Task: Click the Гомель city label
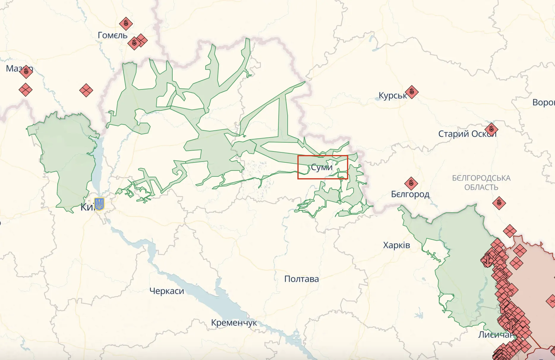coord(113,35)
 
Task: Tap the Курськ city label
coord(392,96)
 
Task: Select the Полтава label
coord(301,279)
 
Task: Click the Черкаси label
coord(167,291)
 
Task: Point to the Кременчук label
coord(234,323)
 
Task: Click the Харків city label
coord(396,245)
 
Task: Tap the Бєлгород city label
coord(410,194)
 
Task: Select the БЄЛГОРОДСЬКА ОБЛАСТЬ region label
coord(481,183)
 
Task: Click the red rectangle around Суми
coord(323,156)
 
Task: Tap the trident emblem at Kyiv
coord(99,204)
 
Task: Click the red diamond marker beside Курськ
coord(411,92)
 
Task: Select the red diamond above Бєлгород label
coord(411,184)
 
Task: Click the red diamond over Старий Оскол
coord(491,130)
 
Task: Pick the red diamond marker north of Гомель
coord(126,23)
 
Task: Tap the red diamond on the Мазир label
coord(26,72)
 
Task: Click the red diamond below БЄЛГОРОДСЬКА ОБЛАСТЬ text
coord(499,203)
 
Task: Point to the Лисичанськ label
coord(495,335)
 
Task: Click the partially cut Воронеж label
coord(543,102)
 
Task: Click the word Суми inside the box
coord(321,168)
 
